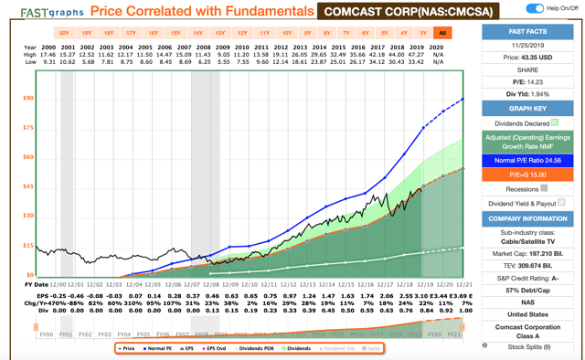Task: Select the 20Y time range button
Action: (x=64, y=33)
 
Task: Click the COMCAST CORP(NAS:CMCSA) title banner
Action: (x=402, y=11)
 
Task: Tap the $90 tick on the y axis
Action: (x=29, y=98)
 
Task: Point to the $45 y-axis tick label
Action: (x=29, y=186)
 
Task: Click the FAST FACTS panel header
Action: (x=527, y=31)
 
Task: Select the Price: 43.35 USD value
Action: (x=527, y=57)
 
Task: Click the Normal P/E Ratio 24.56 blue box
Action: (x=527, y=160)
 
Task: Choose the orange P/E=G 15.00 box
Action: (x=527, y=174)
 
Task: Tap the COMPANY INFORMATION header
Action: (x=527, y=218)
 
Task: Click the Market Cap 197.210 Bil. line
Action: (x=527, y=253)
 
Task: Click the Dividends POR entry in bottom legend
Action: (x=255, y=348)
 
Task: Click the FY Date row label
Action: (x=35, y=284)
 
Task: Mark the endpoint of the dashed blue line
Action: (x=463, y=99)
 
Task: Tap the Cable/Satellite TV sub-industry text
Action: (x=527, y=241)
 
